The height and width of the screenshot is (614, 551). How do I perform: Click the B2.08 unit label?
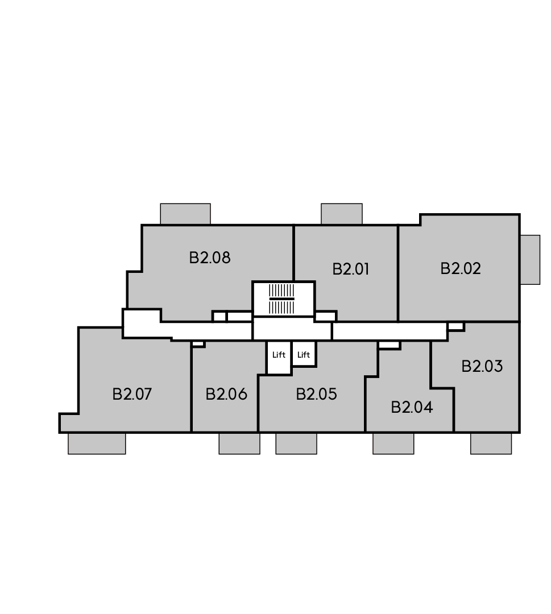tap(209, 258)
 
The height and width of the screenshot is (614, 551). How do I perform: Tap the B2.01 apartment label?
tap(350, 269)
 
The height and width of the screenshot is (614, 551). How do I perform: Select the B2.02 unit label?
tap(461, 268)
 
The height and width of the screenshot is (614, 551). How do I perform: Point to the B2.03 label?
tap(482, 366)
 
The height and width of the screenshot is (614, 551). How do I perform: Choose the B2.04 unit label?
tap(412, 407)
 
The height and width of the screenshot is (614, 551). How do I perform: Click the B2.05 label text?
tap(316, 394)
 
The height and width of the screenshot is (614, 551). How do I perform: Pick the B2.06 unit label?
tap(226, 394)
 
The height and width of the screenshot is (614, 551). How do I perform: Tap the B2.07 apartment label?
tap(132, 394)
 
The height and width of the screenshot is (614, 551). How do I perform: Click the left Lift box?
tap(279, 357)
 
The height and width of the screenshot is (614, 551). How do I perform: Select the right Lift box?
tap(304, 354)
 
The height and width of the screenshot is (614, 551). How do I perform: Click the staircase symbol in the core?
tap(281, 299)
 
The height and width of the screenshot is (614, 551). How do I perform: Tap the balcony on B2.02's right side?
tap(530, 260)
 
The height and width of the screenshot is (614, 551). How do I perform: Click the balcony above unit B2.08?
tap(185, 214)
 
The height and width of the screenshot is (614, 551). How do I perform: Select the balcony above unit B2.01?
tap(342, 214)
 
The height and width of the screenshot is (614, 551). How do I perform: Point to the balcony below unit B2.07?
tap(97, 443)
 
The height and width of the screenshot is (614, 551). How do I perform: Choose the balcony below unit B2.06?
tap(239, 443)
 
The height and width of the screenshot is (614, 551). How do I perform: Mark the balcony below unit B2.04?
tap(393, 443)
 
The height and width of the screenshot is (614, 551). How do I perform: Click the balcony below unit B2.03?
tap(491, 443)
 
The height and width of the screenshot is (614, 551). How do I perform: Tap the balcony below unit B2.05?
tap(296, 443)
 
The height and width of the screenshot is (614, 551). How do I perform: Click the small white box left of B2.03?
tap(456, 326)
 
